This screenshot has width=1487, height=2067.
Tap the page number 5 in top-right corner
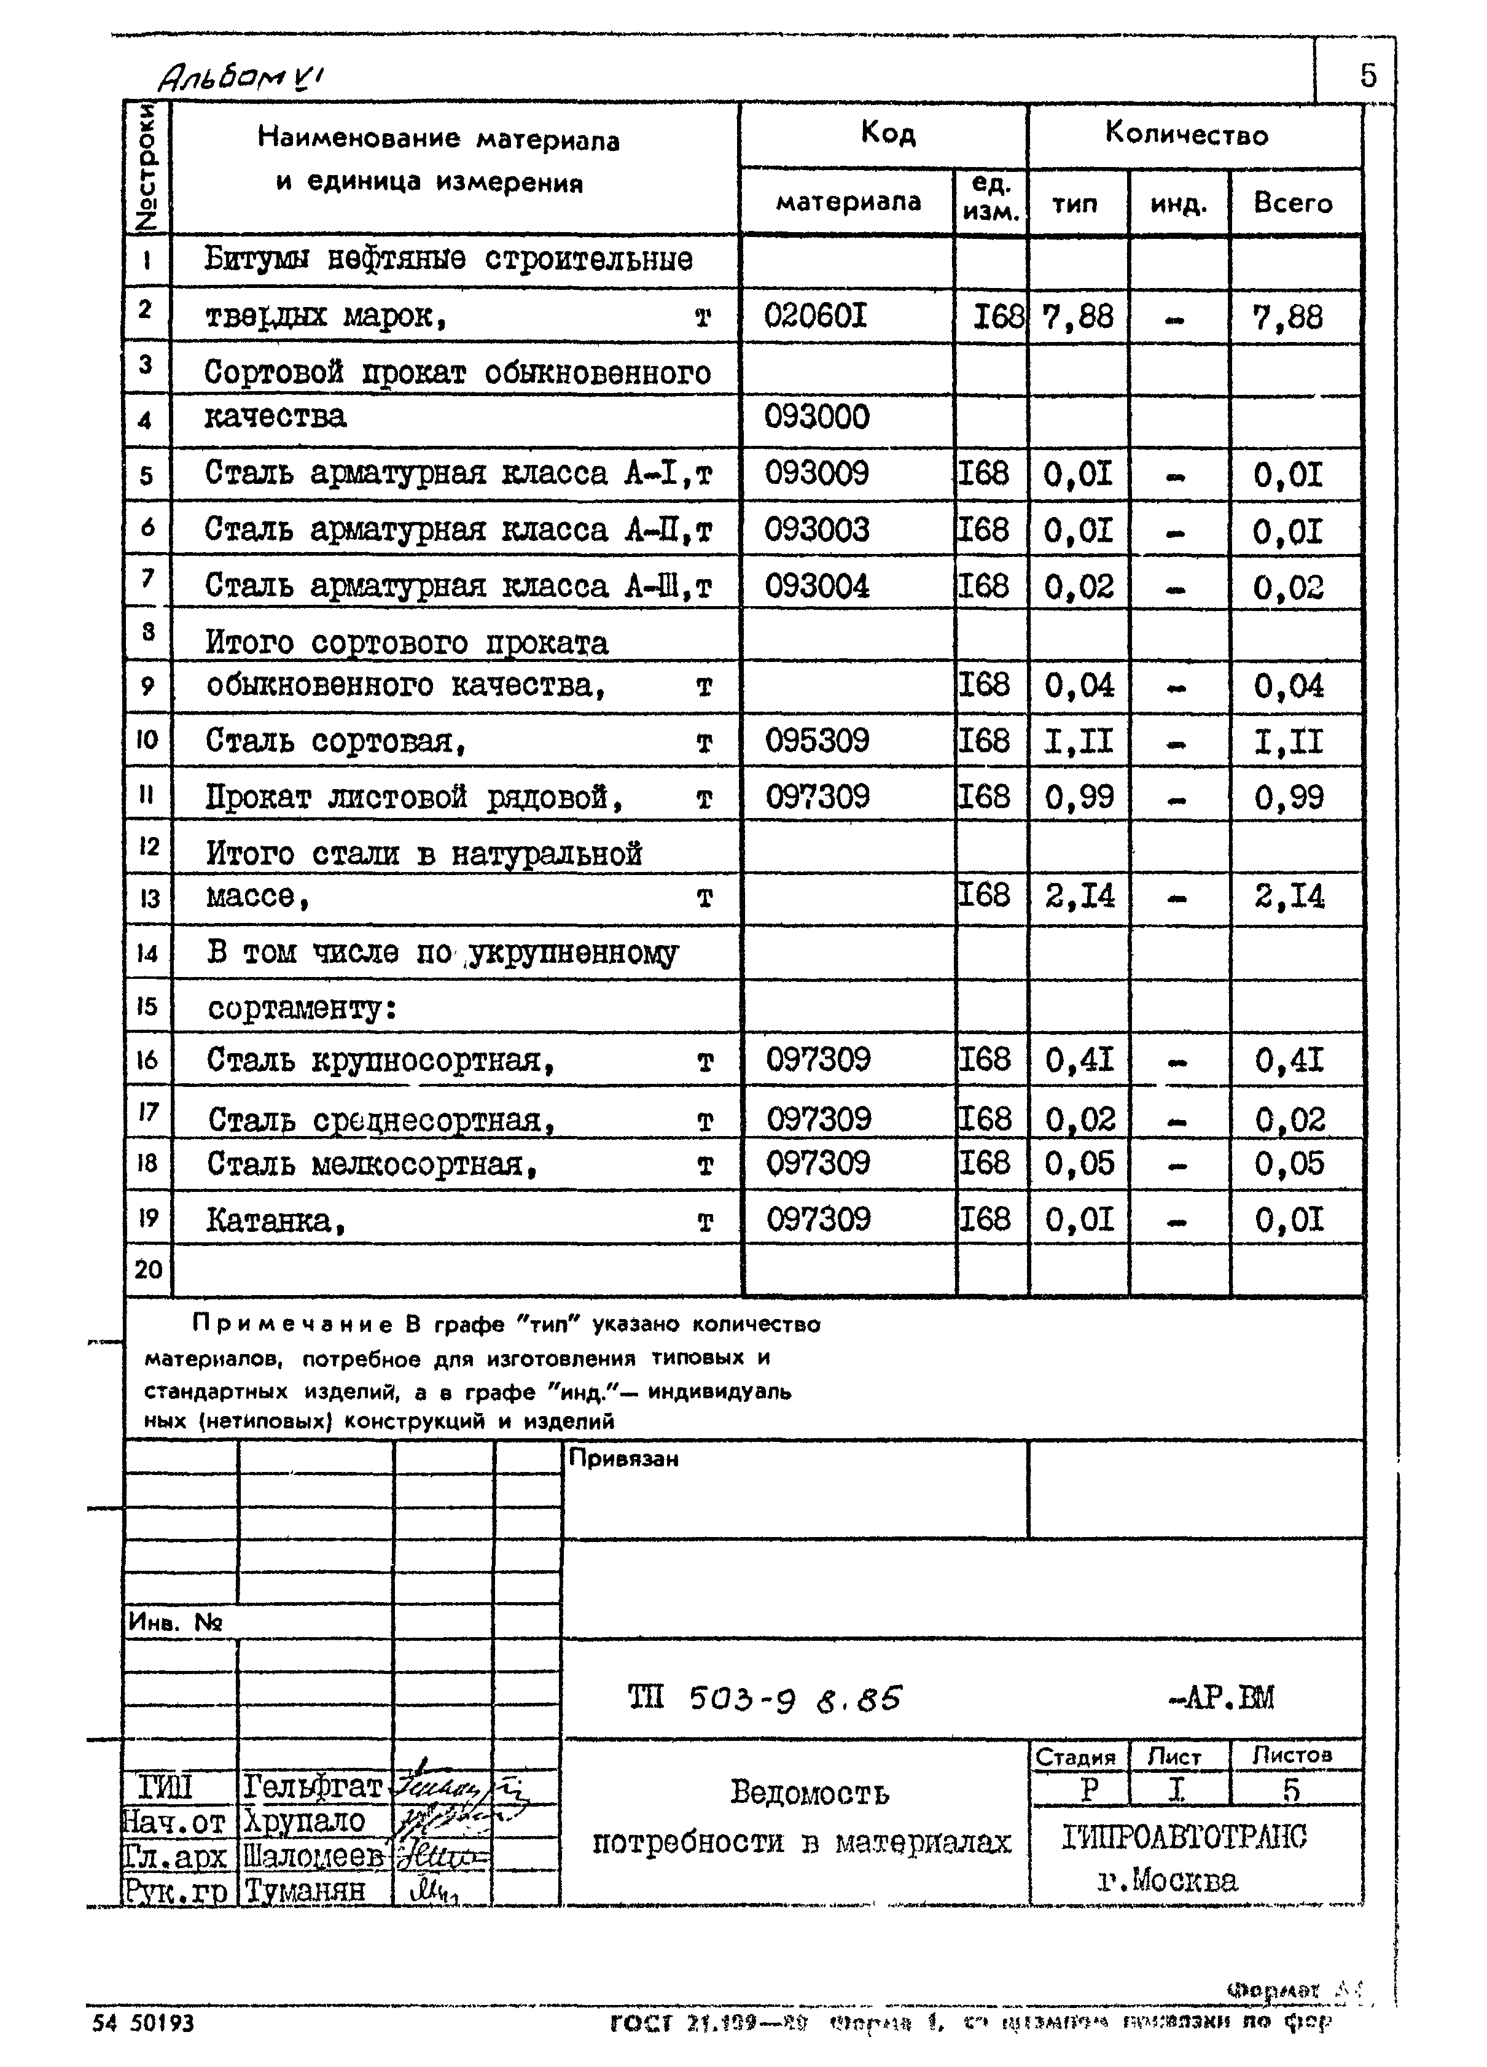1368,75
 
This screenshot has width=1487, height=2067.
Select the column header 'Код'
887,134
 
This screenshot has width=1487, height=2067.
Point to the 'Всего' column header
1293,202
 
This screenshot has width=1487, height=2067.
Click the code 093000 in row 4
817,418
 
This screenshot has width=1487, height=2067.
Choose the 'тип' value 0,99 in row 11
1079,798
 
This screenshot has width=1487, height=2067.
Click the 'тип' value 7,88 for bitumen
1078,317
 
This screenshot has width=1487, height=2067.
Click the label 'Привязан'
623,1459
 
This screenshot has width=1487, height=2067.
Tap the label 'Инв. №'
175,1622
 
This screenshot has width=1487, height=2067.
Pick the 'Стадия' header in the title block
1076,1756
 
